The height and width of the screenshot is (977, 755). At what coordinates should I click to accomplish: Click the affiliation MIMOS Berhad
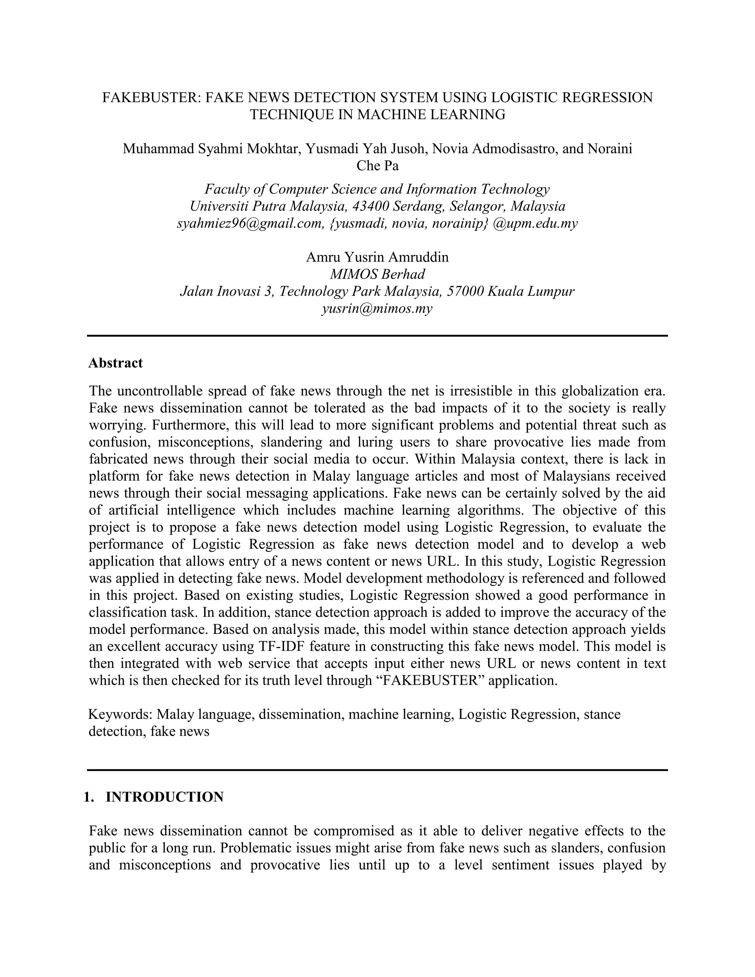377,274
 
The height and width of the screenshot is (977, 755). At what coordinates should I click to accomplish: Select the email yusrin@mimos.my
377,308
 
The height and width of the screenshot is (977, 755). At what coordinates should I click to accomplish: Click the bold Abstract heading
115,362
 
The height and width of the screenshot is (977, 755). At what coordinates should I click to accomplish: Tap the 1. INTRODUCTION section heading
153,797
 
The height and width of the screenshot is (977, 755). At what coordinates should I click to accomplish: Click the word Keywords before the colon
120,714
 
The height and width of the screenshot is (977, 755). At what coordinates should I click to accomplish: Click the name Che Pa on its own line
377,166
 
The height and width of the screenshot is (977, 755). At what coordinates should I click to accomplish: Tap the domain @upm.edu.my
535,223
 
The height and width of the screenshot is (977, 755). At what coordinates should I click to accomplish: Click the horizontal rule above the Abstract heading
377,335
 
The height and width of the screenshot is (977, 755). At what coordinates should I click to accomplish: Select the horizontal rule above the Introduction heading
377,769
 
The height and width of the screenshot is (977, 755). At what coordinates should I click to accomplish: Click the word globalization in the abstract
598,390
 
